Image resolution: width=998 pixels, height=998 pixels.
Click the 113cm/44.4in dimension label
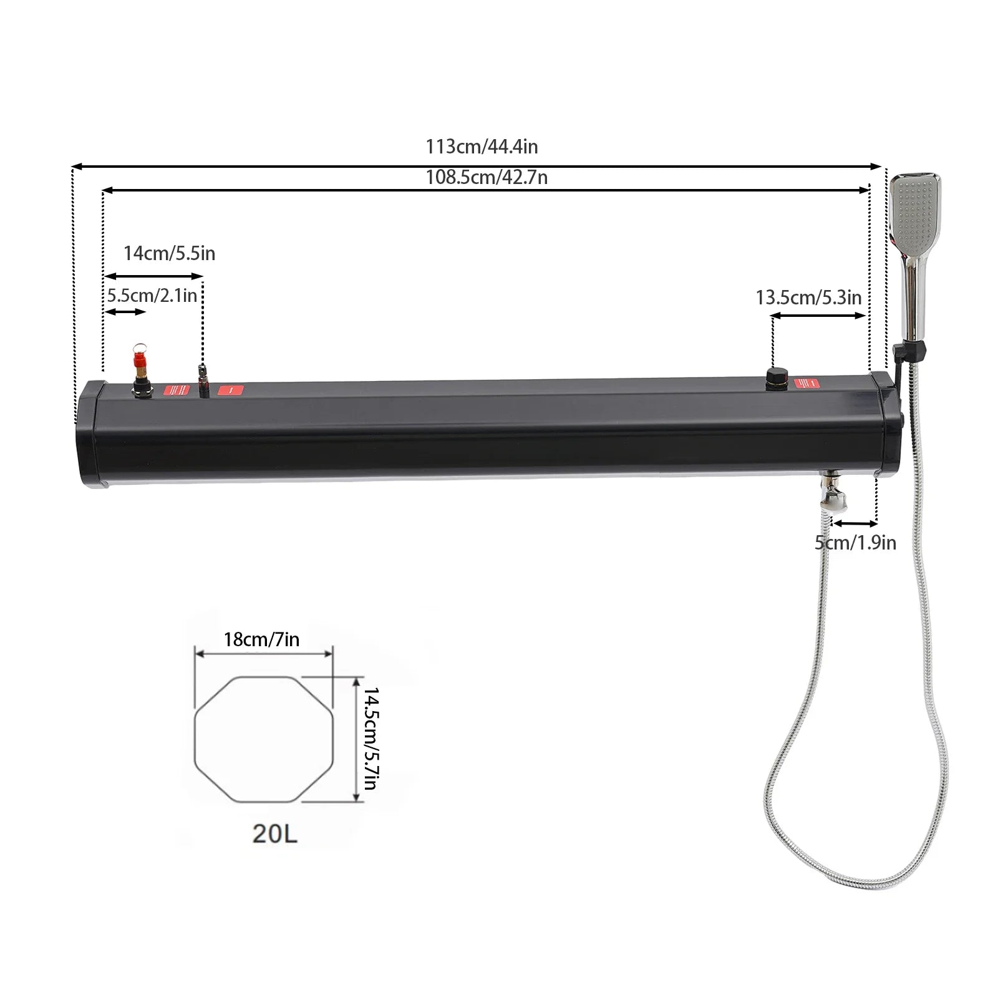pyautogui.click(x=482, y=147)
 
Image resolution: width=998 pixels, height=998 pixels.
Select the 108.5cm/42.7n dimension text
pyautogui.click(x=487, y=178)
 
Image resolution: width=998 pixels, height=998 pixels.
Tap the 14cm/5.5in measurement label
pyautogui.click(x=169, y=254)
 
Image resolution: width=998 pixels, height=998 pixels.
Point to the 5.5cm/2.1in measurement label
pyautogui.click(x=152, y=295)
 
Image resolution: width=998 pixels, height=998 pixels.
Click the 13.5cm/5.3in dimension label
pyautogui.click(x=808, y=298)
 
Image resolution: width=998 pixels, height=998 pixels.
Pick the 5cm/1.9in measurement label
pyautogui.click(x=855, y=543)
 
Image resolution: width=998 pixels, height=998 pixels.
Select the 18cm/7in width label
pyautogui.click(x=261, y=639)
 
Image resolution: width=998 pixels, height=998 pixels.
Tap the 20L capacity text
pyautogui.click(x=274, y=833)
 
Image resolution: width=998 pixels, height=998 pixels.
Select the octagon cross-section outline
pyautogui.click(x=264, y=739)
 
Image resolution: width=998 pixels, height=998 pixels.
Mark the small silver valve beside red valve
pyautogui.click(x=202, y=379)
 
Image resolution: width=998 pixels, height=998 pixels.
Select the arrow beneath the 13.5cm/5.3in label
pyautogui.click(x=818, y=316)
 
